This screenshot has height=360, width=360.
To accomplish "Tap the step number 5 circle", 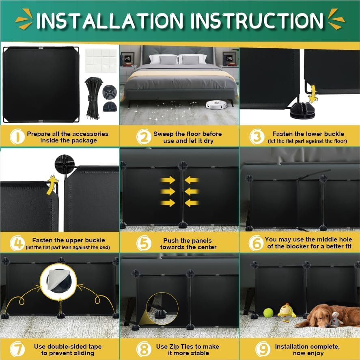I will pyautogui.click(x=143, y=244).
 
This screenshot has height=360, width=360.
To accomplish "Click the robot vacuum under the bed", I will pyautogui.click(x=216, y=105).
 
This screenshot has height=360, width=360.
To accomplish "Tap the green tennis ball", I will pyautogui.click(x=268, y=313).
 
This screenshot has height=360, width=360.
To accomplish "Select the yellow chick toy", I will pyautogui.click(x=287, y=312).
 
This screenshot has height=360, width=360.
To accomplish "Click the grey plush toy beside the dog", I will pyautogui.click(x=336, y=320).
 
